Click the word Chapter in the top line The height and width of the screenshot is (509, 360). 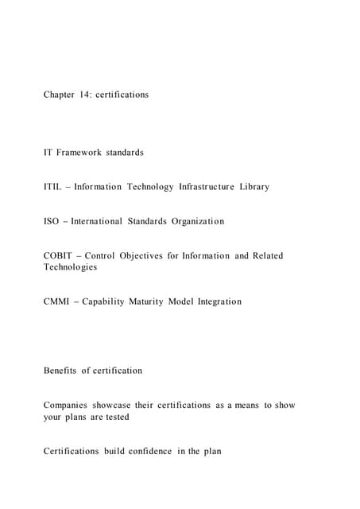point(61,95)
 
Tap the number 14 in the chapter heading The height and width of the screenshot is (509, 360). point(92,95)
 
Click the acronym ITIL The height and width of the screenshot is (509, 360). point(54,187)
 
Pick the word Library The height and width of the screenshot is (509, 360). point(256,187)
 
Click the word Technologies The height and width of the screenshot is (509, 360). point(70,267)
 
